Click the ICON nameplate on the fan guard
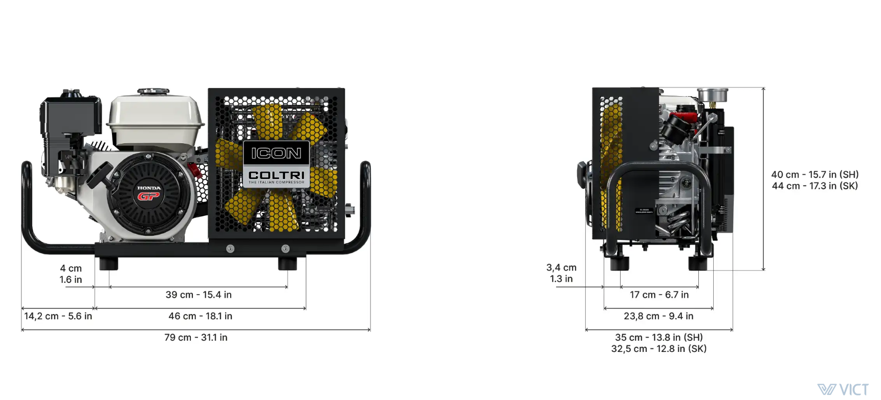(x=276, y=153)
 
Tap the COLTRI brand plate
(x=276, y=176)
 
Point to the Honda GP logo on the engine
(x=149, y=193)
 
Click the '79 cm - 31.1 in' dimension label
(x=196, y=338)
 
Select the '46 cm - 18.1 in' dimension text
(x=200, y=316)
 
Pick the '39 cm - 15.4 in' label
(x=199, y=295)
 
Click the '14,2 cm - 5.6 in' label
(x=58, y=316)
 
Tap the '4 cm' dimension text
(x=71, y=268)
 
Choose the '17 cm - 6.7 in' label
(x=659, y=295)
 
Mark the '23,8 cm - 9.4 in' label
(x=658, y=316)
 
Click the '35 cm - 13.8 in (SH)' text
(x=659, y=338)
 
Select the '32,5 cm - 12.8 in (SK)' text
(x=659, y=349)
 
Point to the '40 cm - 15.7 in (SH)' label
(x=815, y=174)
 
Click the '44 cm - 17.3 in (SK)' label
(x=815, y=186)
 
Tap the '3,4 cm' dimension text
(x=561, y=268)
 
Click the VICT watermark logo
(x=843, y=390)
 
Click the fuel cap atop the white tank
(x=153, y=92)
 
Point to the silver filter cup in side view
(x=712, y=95)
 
